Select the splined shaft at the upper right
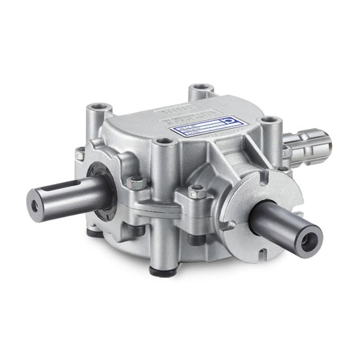coord(312,143)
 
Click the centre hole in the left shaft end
coord(35,207)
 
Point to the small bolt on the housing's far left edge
coord(80,151)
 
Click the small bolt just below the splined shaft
coord(286,167)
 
